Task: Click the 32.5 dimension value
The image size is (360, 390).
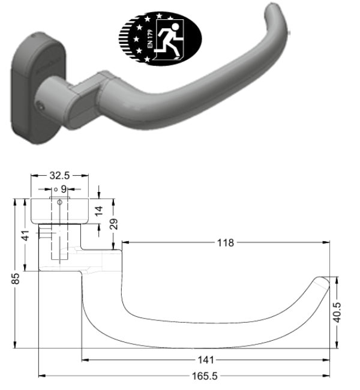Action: [x=59, y=176]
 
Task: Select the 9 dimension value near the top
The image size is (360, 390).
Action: [x=63, y=189]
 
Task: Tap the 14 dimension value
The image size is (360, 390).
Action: [x=100, y=210]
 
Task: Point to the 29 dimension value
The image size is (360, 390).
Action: [x=114, y=224]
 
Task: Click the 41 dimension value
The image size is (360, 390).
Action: [x=25, y=235]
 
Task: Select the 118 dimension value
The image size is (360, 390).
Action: [x=226, y=242]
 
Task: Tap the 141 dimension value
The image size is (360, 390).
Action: [x=206, y=360]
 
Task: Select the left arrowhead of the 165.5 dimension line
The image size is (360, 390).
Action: [x=41, y=376]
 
